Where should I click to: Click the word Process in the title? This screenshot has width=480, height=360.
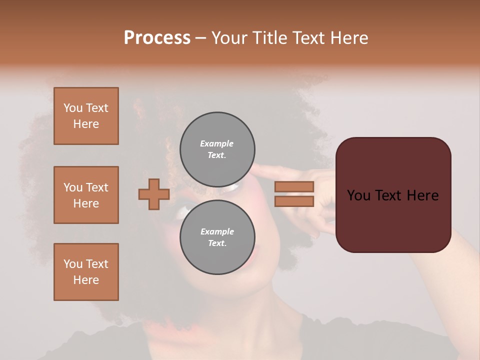tap(157, 38)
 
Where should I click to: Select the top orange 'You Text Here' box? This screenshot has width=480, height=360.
tap(86, 116)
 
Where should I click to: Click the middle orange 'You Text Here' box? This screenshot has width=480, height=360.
tap(86, 195)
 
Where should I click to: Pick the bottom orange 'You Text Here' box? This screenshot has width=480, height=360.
tap(86, 272)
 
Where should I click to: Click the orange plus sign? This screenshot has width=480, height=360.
tap(153, 194)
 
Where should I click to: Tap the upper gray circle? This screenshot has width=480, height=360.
tap(217, 149)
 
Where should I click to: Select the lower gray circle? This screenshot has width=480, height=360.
tap(217, 237)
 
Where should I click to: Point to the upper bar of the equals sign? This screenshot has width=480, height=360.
tap(294, 187)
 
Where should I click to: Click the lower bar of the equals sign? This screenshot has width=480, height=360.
tap(294, 201)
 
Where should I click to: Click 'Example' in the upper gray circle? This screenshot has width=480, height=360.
tap(217, 143)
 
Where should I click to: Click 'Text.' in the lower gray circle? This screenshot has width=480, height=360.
tap(217, 243)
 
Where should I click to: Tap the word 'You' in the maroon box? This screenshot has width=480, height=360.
tap(359, 195)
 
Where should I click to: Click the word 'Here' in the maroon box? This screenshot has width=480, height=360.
tap(422, 195)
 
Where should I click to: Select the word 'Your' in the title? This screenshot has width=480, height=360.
tap(229, 38)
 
